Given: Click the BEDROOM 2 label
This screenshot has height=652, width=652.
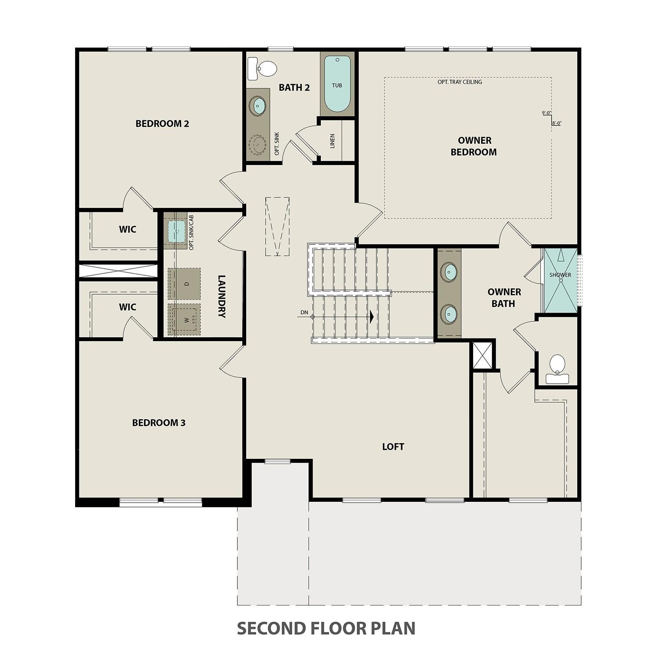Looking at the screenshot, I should [162, 124].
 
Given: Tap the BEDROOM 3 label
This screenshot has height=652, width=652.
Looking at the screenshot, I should [158, 422].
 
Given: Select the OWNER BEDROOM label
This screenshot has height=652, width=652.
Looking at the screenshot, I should [474, 146].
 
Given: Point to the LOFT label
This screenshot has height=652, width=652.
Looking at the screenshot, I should [393, 446].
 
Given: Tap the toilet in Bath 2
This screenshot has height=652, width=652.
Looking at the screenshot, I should [263, 69].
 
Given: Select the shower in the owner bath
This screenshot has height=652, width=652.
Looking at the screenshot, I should [560, 280].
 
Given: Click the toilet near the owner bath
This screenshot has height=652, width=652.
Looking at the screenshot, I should [557, 369].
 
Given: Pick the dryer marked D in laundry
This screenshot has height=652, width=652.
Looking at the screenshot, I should [184, 283].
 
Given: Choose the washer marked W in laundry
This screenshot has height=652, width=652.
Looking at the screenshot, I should [184, 319].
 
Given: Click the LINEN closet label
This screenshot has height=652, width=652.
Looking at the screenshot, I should [333, 141].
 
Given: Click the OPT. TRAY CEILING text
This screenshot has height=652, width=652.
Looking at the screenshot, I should [460, 82].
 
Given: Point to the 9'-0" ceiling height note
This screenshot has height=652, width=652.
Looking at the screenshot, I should [546, 113].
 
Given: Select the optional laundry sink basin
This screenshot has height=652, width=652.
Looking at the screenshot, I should [177, 231].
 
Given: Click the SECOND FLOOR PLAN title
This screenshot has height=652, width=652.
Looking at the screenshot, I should [326, 628].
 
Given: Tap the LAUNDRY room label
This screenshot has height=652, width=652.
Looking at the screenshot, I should [222, 296].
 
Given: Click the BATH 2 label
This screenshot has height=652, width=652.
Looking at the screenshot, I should [294, 88].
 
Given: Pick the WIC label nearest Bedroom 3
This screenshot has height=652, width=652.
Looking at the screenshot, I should [127, 307].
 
